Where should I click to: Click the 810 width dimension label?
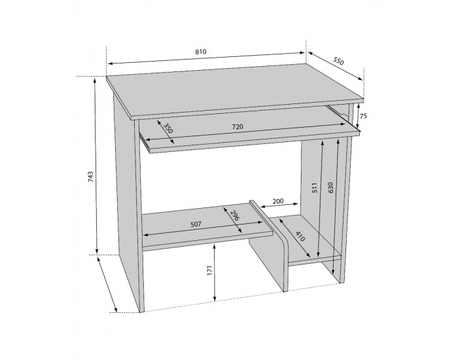pos(201,52)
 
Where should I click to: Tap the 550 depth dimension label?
pos(338,61)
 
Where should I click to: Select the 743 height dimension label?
pos(90,177)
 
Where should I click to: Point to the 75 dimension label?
pos(362,116)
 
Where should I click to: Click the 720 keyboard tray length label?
pos(238,127)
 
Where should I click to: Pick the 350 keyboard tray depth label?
pos(168,128)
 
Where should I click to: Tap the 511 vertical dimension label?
pos(314,188)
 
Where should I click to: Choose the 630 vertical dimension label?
pos(330,188)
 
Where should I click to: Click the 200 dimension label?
pos(278,201)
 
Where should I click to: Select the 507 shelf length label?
pos(196,225)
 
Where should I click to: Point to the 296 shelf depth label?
pos(235,215)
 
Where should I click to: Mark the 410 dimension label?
pos(300,236)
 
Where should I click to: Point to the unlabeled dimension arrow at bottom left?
pos(107,283)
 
